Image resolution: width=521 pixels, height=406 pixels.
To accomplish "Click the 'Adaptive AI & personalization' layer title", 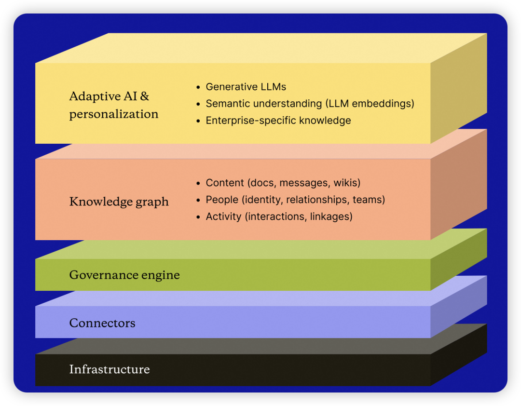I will (x=114, y=105).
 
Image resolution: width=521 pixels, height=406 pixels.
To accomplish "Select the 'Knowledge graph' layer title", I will (x=119, y=201).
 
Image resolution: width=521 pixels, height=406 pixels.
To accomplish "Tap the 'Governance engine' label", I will (x=124, y=275).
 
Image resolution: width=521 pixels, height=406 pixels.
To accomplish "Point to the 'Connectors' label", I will (x=102, y=323).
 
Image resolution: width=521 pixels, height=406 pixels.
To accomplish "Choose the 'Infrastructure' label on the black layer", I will (x=110, y=369).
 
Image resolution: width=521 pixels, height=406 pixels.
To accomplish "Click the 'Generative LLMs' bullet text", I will (x=246, y=87).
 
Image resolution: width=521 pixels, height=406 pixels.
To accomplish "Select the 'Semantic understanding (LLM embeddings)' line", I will (x=310, y=104).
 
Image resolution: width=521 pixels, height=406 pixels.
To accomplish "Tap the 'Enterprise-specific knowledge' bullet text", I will (x=278, y=121).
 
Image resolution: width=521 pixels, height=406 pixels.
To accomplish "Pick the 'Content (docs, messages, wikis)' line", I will (x=283, y=183).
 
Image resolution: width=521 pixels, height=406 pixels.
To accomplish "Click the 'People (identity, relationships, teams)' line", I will (x=295, y=200).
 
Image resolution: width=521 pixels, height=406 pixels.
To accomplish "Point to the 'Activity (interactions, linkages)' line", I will (x=279, y=217).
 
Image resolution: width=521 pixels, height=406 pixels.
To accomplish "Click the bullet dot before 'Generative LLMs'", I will (x=198, y=87).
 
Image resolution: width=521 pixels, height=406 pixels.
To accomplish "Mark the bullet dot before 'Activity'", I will (x=198, y=217).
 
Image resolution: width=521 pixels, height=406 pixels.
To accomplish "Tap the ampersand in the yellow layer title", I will (x=144, y=96).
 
